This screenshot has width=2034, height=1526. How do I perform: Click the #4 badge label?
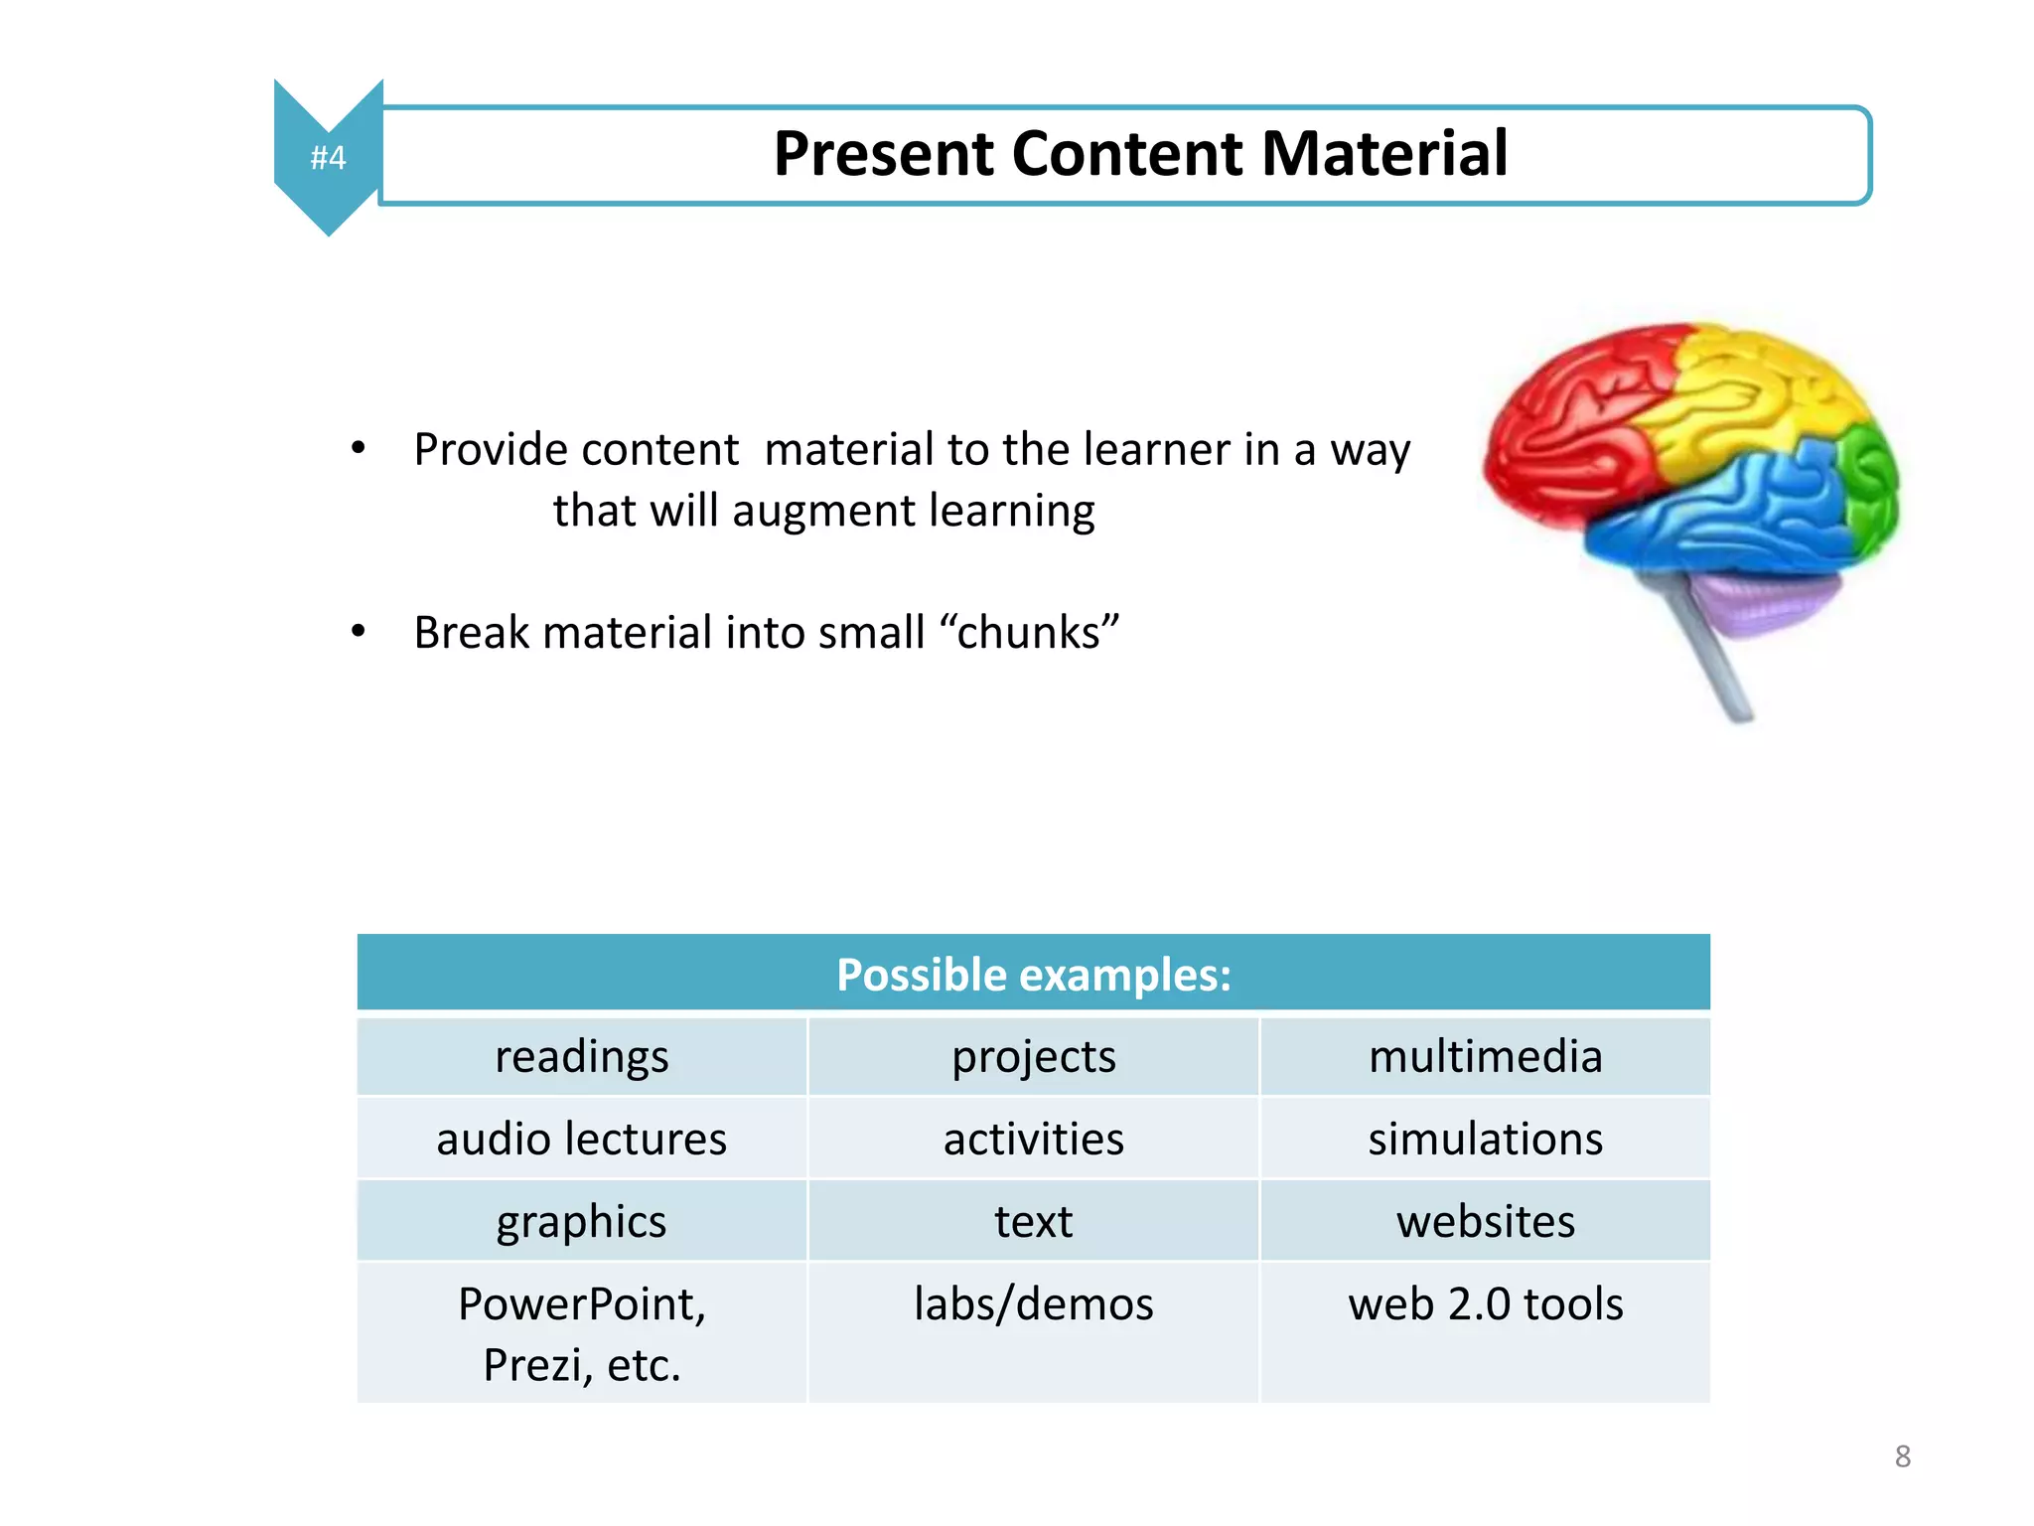click(328, 157)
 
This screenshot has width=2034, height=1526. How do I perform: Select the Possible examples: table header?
click(1033, 974)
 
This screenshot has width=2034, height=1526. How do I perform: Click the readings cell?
click(582, 1056)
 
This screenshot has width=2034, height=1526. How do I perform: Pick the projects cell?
click(1033, 1056)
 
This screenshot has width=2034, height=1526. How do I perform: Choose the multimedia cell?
click(1485, 1056)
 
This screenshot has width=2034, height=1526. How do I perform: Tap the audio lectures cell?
click(582, 1139)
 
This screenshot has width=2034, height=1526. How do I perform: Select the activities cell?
click(1033, 1139)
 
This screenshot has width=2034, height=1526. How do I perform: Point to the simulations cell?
click(1485, 1139)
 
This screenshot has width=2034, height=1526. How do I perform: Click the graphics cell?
click(582, 1221)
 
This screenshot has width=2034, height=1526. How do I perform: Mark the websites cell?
click(1485, 1221)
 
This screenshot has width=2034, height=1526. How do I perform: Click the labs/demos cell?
click(1033, 1303)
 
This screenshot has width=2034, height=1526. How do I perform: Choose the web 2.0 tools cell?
click(1485, 1303)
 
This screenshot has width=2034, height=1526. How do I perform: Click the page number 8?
click(1902, 1456)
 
